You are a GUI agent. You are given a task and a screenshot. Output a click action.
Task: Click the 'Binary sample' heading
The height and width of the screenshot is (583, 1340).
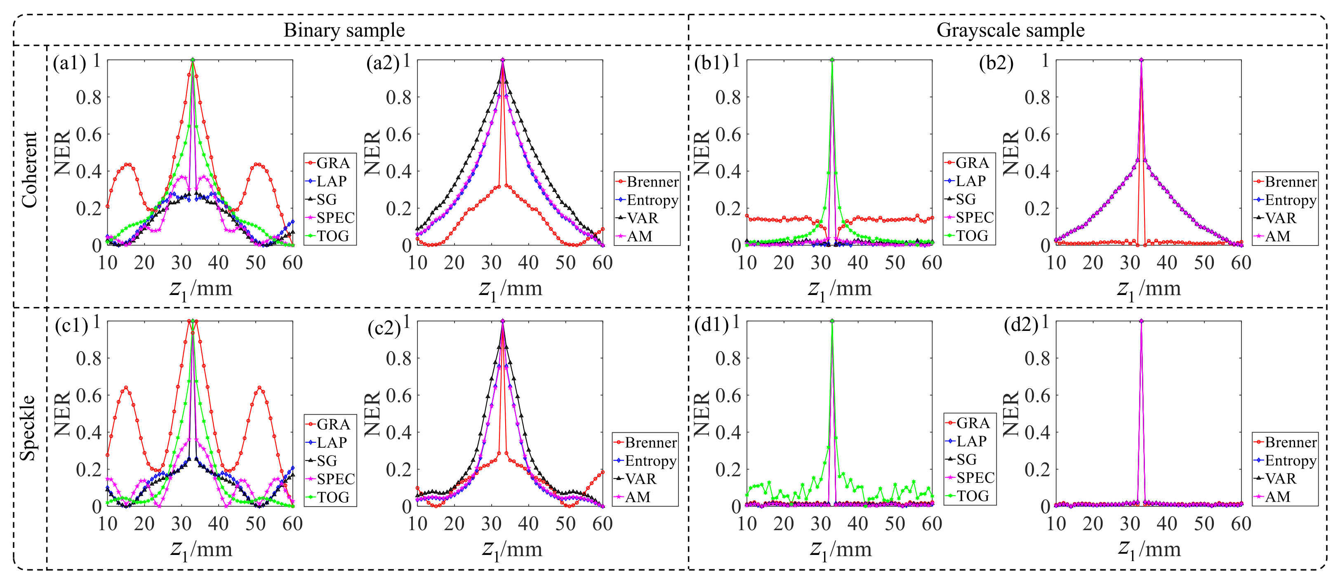(344, 30)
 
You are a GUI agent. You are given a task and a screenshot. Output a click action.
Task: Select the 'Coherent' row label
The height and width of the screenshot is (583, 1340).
(30, 170)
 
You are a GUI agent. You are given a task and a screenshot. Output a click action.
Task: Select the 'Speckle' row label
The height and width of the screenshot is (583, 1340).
(28, 428)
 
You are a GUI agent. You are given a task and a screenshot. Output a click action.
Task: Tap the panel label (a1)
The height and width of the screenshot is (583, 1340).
(69, 63)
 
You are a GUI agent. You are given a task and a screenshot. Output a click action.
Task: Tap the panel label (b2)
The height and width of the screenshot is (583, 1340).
(996, 63)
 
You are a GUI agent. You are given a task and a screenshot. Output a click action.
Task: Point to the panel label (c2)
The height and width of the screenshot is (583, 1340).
(384, 328)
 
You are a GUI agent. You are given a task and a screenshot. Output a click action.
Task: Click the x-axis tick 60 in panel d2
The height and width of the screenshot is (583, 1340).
(1241, 524)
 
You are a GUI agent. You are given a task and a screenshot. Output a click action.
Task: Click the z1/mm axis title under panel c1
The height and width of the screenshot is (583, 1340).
(201, 550)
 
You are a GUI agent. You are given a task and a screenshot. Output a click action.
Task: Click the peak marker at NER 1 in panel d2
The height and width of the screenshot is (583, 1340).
(1141, 321)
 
